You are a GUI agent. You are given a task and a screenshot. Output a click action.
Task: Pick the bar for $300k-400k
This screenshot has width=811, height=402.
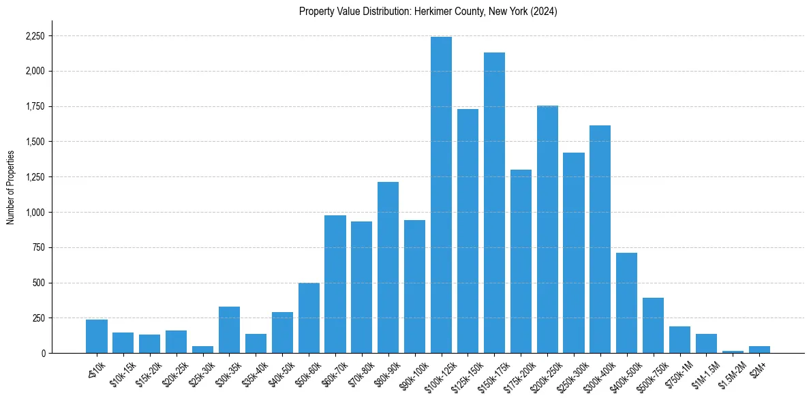click(x=600, y=239)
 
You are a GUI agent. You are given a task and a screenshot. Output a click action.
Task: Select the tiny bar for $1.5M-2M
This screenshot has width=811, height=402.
click(x=733, y=352)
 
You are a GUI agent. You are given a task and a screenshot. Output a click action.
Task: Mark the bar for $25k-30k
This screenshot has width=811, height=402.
click(x=202, y=350)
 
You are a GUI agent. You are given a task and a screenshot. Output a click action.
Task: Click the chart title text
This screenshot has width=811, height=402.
click(x=428, y=12)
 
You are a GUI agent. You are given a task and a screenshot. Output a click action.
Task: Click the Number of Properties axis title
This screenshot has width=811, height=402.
click(x=10, y=187)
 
